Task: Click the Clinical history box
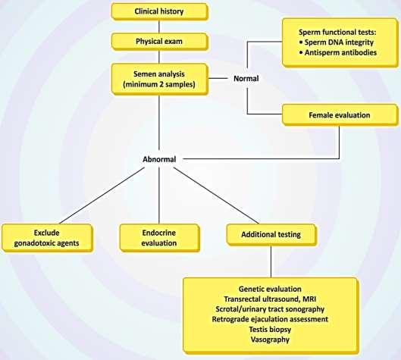tap(160, 11)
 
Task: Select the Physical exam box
tap(160, 42)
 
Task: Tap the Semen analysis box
tap(160, 80)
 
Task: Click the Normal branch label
tap(246, 79)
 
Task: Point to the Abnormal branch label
tap(159, 159)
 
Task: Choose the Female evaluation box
tap(340, 114)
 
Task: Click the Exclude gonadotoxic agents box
tap(47, 238)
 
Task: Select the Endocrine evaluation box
tap(159, 238)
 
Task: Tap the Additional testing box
tap(271, 235)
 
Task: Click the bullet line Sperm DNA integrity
tap(337, 42)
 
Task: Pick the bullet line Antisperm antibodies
tap(337, 52)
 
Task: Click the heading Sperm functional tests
tap(337, 33)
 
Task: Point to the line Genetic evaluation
tap(270, 289)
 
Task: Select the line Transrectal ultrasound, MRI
tap(270, 299)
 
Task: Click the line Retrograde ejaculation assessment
tap(270, 319)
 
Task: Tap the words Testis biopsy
tap(270, 330)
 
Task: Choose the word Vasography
tap(270, 340)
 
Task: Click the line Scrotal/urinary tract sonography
tap(270, 309)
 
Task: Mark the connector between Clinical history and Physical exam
tap(159, 27)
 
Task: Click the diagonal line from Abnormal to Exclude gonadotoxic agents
tap(102, 196)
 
